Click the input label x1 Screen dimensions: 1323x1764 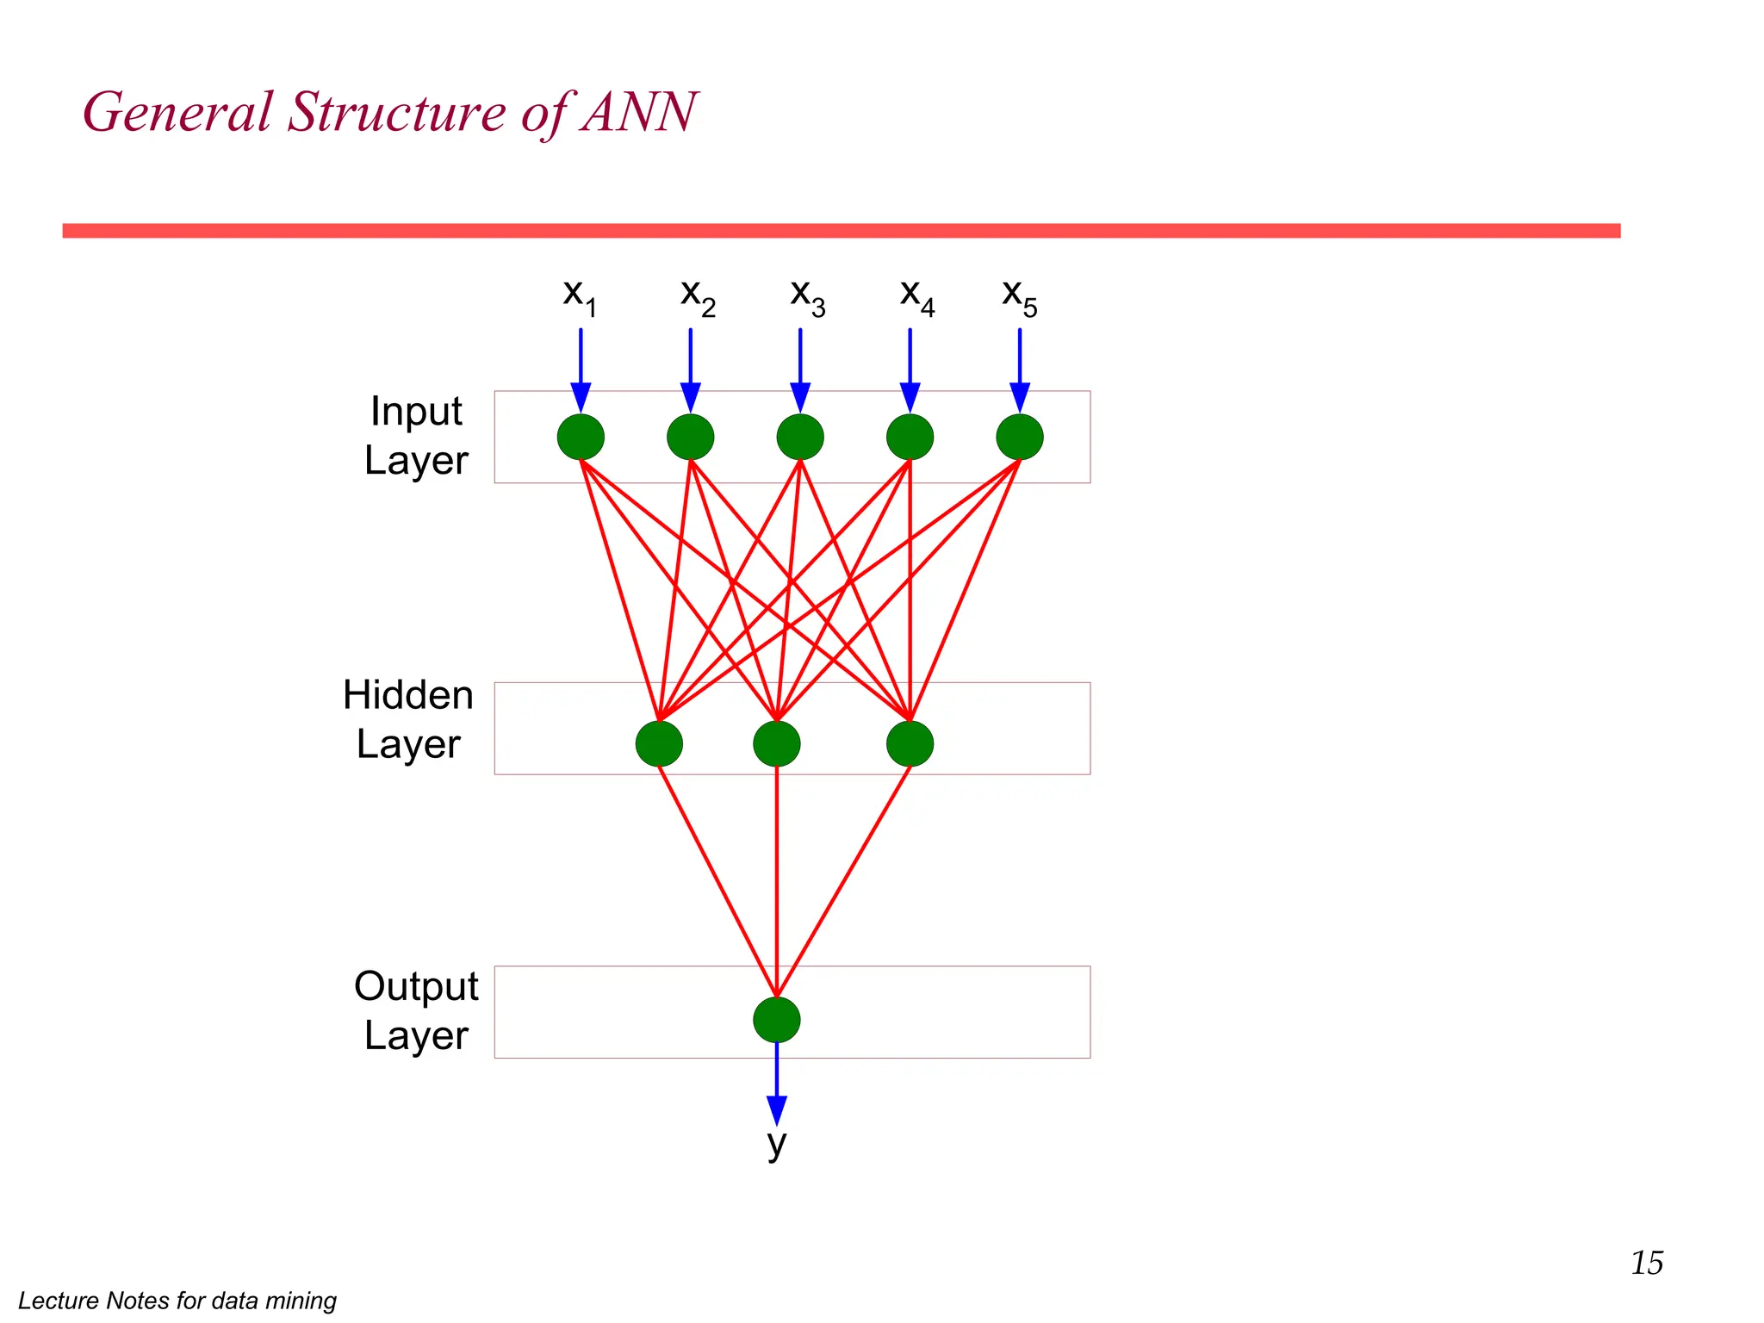coord(579,296)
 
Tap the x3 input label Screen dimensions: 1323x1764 coord(807,296)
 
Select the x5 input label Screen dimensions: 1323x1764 coord(1019,296)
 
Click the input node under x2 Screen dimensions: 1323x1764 coord(690,437)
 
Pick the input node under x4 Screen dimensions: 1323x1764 coord(910,437)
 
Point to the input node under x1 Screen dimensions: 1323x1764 coord(581,437)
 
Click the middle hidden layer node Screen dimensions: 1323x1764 coord(776,743)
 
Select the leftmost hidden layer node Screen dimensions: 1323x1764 coord(659,743)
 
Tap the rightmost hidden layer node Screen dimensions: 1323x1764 coord(910,743)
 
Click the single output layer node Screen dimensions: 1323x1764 coord(776,1020)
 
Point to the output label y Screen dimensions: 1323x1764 coord(776,1144)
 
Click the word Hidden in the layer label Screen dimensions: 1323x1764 coord(407,695)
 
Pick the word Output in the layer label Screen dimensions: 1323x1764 coord(415,986)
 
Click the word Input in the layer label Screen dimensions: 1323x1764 coord(415,412)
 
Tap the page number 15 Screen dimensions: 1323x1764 coord(1646,1263)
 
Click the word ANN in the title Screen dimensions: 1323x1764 coord(637,112)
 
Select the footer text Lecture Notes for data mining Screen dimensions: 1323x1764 coord(177,1300)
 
